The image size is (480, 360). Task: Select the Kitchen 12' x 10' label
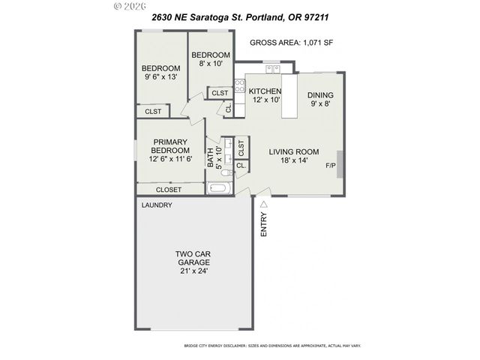click(x=265, y=95)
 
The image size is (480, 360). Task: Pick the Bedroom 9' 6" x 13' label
click(x=160, y=72)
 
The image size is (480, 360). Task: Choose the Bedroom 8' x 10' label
click(x=210, y=59)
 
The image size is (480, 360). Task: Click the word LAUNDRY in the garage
click(x=157, y=205)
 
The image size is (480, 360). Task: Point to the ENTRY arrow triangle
click(x=264, y=202)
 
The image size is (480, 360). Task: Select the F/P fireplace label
click(x=330, y=165)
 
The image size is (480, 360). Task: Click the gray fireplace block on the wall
click(x=341, y=164)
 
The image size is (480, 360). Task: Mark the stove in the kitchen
click(x=240, y=86)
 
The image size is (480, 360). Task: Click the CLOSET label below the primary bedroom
click(x=168, y=190)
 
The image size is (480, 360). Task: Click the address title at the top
click(x=240, y=16)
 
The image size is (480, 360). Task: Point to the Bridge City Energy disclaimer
click(x=272, y=346)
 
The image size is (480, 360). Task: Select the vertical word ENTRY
click(x=264, y=224)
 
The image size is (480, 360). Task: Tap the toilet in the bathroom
click(x=226, y=170)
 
